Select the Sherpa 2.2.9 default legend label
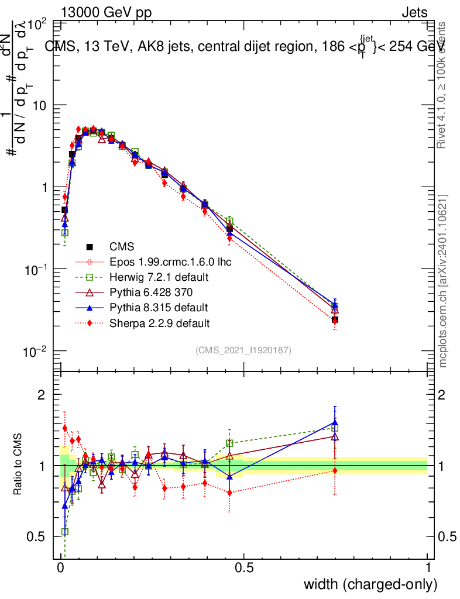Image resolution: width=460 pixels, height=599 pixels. [x=160, y=323]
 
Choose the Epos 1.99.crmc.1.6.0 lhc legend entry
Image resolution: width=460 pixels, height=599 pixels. [x=170, y=261]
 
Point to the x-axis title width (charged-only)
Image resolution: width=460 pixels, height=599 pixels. [x=370, y=584]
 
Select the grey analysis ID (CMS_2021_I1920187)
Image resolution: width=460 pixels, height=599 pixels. [x=243, y=350]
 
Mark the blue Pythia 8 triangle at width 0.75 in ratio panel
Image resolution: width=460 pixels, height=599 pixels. [x=335, y=422]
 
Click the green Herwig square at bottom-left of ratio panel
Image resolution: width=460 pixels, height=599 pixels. [x=65, y=532]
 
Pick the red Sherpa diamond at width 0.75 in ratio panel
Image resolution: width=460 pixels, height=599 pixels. [x=335, y=470]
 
